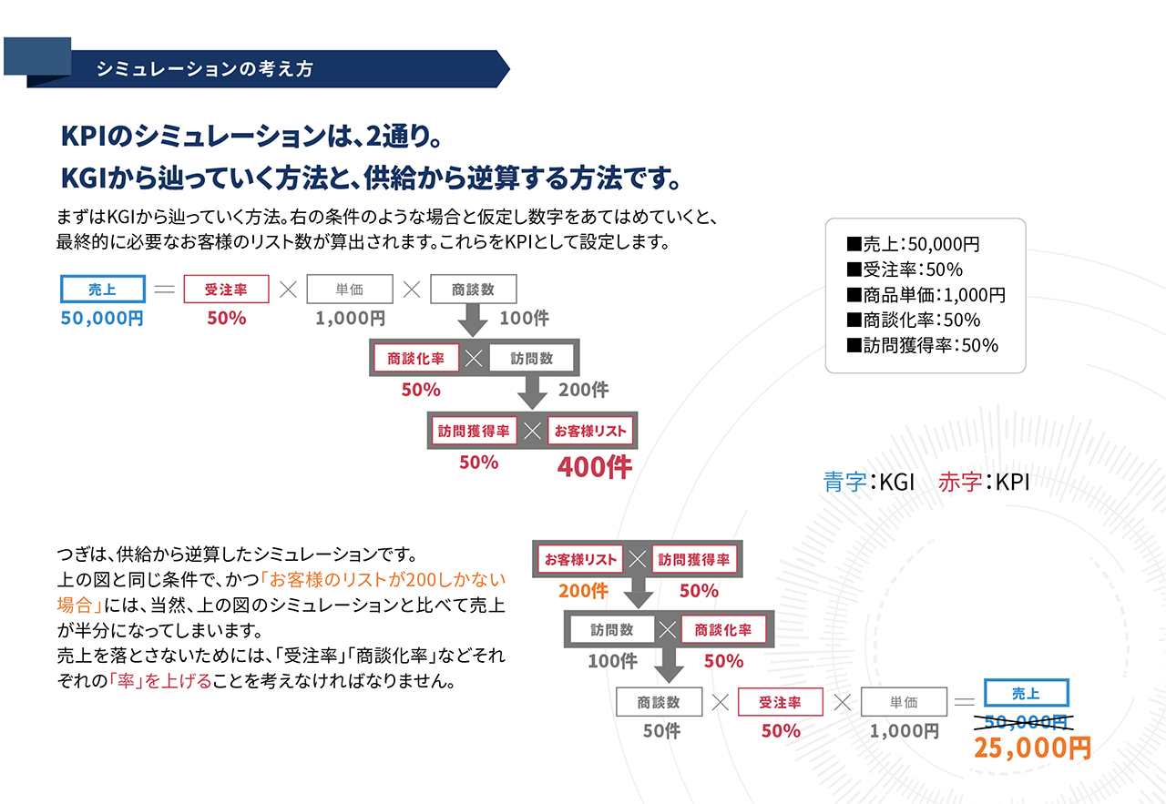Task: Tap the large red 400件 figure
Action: point(594,467)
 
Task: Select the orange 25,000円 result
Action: point(1032,748)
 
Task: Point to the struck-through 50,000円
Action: point(1025,722)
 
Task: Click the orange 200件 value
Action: point(583,591)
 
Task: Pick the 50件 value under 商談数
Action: point(661,731)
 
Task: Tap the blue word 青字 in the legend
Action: point(844,482)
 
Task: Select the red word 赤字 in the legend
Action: point(960,482)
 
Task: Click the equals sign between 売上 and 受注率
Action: point(164,290)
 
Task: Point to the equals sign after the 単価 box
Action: point(963,702)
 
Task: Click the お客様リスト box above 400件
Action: point(590,432)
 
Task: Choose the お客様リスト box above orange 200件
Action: point(580,559)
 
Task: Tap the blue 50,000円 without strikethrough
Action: point(102,319)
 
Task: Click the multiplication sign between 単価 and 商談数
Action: point(412,290)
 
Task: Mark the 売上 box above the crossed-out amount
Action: point(1026,694)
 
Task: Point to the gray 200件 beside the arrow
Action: point(583,391)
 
